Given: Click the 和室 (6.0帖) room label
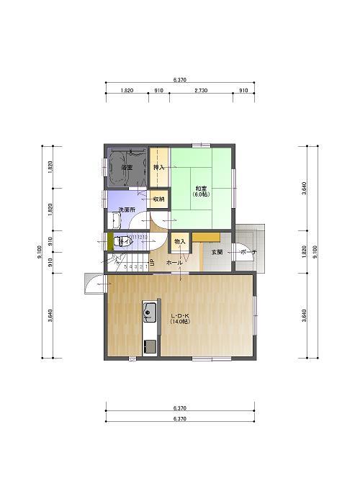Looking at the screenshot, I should point(201,191).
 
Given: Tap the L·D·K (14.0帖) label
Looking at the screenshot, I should point(179,319).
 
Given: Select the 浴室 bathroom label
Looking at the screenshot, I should point(127,167).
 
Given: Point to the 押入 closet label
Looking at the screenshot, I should point(158,167).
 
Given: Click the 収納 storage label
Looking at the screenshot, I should point(158,199).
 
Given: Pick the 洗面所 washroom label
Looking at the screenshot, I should point(127,210).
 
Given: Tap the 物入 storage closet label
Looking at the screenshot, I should point(179,242).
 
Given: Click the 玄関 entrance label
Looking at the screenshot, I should point(217,252).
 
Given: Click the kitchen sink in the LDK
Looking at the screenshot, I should point(150,312).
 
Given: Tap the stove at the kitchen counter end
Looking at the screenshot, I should point(150,346).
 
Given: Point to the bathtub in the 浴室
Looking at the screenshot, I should point(127,159).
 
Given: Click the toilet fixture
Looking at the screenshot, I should point(122,241).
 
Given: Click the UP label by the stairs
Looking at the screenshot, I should point(152,261).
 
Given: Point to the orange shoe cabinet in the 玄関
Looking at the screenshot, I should point(205,237).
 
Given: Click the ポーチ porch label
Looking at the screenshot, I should point(248,252).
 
